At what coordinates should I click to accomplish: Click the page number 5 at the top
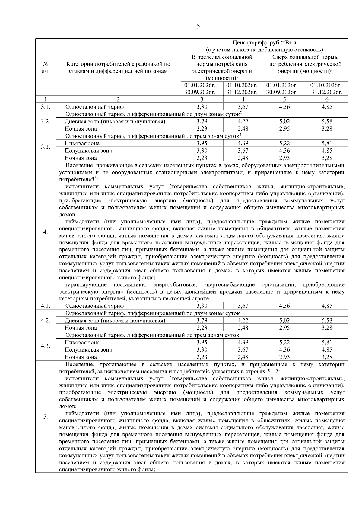point(198,26)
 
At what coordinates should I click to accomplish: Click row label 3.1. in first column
point(46,107)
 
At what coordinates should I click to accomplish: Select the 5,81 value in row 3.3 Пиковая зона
point(327,143)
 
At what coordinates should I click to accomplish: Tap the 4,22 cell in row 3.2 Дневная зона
point(243,122)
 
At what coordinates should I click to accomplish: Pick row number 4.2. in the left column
point(46,320)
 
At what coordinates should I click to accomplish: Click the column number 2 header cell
point(118,99)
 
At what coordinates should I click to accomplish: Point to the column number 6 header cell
point(327,99)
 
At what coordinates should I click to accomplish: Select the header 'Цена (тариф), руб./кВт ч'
point(264,43)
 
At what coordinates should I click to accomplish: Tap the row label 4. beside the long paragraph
point(46,232)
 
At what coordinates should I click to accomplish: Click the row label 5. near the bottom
point(46,417)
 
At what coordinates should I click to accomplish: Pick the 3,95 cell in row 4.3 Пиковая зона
point(202,342)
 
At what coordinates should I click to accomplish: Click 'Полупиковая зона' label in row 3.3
point(88,151)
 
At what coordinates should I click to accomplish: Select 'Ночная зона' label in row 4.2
point(81,328)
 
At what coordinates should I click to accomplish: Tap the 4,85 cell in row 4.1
point(327,306)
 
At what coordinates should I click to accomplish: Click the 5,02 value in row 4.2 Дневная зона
point(284,320)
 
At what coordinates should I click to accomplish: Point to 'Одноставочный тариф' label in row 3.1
point(94,107)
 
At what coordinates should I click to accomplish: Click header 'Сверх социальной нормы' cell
point(305,64)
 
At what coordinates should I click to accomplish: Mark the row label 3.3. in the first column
point(46,147)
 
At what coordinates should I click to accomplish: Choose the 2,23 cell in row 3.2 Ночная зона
point(202,129)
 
